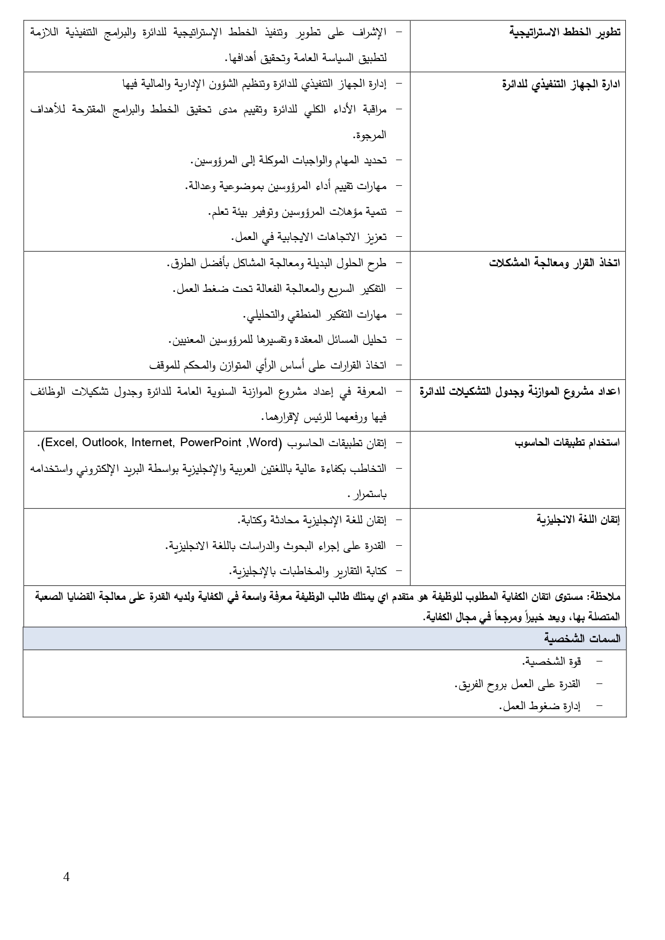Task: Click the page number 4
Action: (x=66, y=877)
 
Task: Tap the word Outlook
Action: (x=104, y=443)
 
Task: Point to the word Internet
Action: (x=153, y=443)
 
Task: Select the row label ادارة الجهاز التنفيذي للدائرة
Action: (x=561, y=84)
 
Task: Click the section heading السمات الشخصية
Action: (x=582, y=638)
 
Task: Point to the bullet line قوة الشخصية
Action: (x=552, y=661)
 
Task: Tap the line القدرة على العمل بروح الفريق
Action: (x=517, y=684)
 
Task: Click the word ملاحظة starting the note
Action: (x=604, y=596)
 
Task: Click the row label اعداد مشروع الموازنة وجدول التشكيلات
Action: (x=520, y=392)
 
